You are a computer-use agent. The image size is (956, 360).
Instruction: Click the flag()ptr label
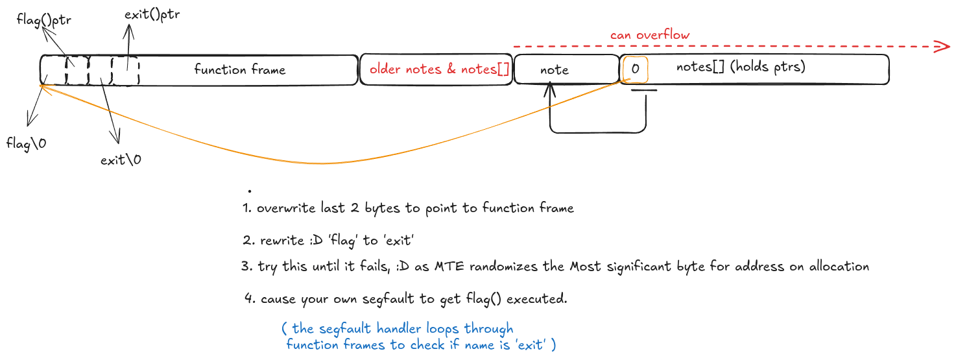(43, 20)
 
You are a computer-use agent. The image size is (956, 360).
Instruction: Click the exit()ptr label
(152, 14)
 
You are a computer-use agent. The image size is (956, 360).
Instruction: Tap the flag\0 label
(26, 143)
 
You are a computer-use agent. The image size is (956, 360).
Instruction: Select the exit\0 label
(121, 160)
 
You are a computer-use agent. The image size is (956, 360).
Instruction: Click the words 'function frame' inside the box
(240, 69)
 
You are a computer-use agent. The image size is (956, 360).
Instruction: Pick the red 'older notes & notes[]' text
(440, 69)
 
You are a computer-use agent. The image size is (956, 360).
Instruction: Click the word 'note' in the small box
(555, 69)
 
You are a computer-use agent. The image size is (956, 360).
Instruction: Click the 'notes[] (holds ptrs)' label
(741, 67)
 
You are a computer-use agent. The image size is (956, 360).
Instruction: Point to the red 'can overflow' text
(650, 34)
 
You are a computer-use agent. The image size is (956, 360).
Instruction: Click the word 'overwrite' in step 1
(286, 208)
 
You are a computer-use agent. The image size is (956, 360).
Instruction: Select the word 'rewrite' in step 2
(282, 241)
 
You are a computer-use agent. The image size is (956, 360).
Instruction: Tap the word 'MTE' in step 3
(449, 267)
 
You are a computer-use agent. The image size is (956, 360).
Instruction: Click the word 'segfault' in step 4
(388, 298)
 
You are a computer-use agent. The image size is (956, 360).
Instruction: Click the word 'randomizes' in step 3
(503, 267)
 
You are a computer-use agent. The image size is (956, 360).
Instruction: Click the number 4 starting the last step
(249, 298)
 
